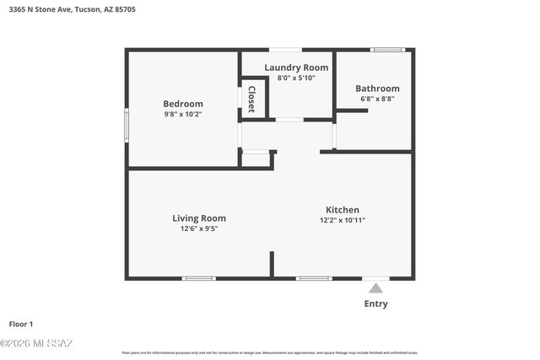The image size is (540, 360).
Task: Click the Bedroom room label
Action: click(183, 104)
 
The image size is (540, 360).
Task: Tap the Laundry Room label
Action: click(295, 67)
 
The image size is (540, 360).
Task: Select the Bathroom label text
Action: click(377, 89)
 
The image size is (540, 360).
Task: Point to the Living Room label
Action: click(199, 218)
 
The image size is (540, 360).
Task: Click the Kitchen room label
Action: click(343, 210)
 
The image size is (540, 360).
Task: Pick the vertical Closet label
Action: click(251, 99)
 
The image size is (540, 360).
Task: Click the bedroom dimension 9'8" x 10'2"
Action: click(183, 114)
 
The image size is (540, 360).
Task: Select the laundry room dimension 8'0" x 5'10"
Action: click(295, 78)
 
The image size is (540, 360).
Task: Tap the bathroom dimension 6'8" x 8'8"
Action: click(377, 99)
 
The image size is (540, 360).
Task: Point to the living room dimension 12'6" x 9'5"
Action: click(199, 228)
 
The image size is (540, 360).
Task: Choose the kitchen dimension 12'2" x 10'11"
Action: click(343, 220)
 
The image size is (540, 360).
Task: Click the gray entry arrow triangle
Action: click(375, 288)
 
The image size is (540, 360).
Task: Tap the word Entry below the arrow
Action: click(375, 304)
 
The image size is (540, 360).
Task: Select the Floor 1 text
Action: click(21, 324)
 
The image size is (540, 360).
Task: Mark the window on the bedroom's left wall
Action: click(127, 124)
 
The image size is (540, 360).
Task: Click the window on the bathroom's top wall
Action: click(388, 50)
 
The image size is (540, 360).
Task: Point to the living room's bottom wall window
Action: click(199, 278)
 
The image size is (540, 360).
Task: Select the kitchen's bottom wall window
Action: click(314, 278)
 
